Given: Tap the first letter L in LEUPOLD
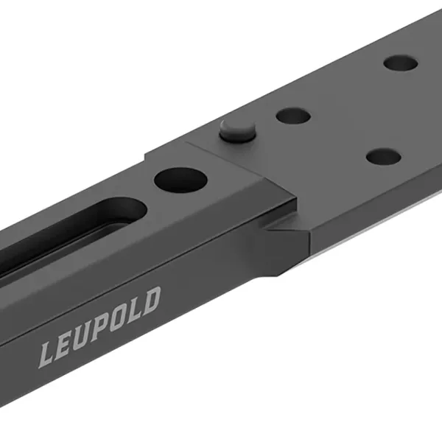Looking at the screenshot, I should tap(47, 354).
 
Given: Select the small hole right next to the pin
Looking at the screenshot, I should tap(292, 115).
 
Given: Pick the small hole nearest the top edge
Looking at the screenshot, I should tap(402, 63).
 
